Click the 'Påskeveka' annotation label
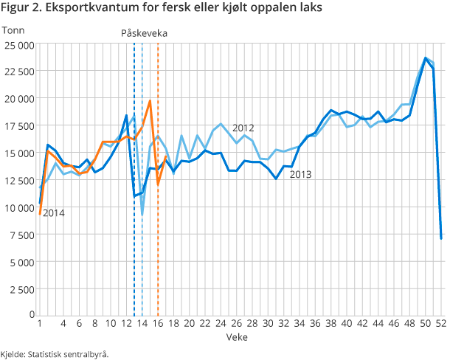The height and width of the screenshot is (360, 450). click(x=145, y=33)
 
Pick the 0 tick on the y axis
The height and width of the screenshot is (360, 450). click(x=30, y=315)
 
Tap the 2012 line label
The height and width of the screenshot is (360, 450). click(x=243, y=128)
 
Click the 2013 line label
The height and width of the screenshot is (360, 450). click(x=300, y=175)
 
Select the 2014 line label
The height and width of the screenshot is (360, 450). click(x=54, y=213)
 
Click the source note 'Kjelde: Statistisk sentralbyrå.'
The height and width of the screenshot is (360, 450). click(x=55, y=353)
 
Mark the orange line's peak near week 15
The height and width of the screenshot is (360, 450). click(x=150, y=101)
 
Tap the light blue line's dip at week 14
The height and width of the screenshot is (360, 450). click(x=142, y=215)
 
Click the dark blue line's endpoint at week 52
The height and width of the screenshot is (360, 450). click(x=441, y=238)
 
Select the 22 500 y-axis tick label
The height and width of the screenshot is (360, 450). click(x=18, y=72)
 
